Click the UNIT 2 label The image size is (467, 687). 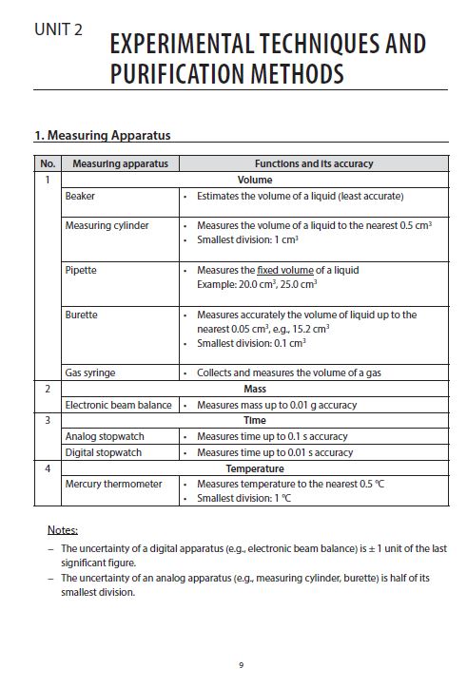[x=58, y=29]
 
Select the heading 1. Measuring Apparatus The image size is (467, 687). [x=102, y=135]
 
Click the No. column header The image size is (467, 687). [x=48, y=163]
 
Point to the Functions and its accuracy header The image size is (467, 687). [x=313, y=163]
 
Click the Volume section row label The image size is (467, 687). [x=254, y=180]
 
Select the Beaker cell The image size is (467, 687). [x=80, y=196]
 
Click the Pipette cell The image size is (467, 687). [x=81, y=270]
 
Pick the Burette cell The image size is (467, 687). [x=82, y=314]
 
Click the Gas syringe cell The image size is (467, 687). [x=90, y=372]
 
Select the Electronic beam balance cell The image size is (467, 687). [x=118, y=405]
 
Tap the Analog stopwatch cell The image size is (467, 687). [x=103, y=436]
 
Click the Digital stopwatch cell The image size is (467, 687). [x=103, y=452]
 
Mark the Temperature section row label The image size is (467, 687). [x=254, y=468]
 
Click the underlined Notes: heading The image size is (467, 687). [x=63, y=529]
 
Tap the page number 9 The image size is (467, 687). [x=242, y=664]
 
